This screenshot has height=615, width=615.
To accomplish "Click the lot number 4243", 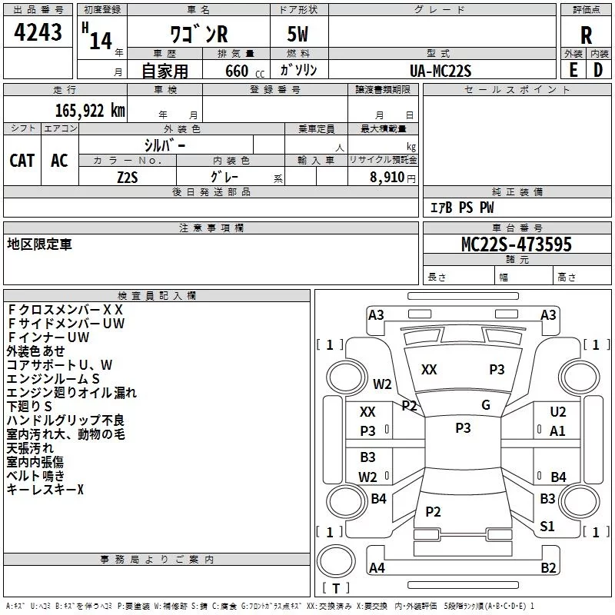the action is point(38,32).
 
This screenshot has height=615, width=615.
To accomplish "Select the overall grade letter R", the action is point(586,35).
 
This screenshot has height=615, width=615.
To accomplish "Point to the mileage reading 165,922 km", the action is point(90,111).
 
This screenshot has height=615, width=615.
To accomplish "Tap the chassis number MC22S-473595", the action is point(517,244).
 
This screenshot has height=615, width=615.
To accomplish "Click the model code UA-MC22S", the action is point(440,71).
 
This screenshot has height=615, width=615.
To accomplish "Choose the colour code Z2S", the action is point(128,178).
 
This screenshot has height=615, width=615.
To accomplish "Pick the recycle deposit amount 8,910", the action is point(387,178).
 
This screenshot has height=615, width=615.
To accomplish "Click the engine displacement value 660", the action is point(237,71).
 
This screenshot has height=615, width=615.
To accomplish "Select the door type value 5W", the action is point(298,34).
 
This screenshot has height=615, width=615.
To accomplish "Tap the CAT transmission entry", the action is point(22,161).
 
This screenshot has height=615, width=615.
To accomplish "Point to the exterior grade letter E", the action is point(573,70).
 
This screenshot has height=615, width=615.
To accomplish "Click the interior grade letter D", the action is point(598,70).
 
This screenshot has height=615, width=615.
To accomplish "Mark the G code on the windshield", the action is point(486,405).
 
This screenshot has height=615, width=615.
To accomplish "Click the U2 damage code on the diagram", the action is point(558,412).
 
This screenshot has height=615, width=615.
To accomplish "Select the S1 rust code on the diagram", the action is point(547,526).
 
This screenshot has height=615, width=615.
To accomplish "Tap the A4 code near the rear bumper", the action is point(377,567).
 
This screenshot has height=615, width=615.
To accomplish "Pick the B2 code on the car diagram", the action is point(548,567).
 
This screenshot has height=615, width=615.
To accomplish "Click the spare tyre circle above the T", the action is point(336,561).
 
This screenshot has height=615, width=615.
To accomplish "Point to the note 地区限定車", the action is point(40,244).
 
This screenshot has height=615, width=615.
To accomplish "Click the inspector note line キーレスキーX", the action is point(45,489).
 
